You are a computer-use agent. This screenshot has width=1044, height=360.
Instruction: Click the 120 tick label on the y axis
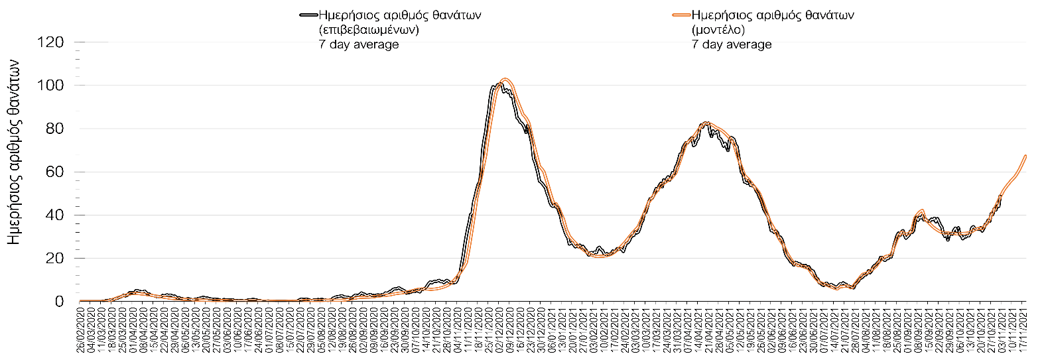tap(50, 42)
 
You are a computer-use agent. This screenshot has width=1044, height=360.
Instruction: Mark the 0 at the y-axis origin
tap(59, 302)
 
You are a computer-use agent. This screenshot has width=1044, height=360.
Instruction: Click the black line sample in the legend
tap(308, 15)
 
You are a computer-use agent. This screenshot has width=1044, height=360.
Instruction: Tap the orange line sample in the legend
tap(681, 15)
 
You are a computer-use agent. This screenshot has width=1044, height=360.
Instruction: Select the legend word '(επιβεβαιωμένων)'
tap(369, 30)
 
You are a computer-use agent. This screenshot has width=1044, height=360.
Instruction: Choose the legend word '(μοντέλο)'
tap(718, 30)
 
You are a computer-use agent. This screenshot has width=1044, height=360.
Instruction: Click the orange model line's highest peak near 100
tap(505, 79)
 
